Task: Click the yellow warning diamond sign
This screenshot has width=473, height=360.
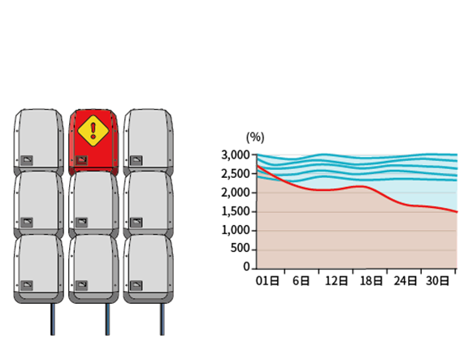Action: click(93, 131)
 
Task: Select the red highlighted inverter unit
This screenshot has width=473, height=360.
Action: click(93, 142)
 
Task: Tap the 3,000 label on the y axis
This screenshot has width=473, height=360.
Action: click(236, 155)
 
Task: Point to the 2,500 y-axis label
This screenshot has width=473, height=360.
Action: click(236, 174)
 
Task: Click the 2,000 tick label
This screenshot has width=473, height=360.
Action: click(236, 193)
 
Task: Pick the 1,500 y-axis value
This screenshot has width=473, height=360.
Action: click(236, 211)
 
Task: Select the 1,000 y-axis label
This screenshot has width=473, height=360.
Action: click(236, 230)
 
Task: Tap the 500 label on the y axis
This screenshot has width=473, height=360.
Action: click(241, 248)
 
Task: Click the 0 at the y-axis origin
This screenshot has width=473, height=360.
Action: click(247, 267)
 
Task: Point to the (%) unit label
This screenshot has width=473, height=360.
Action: click(255, 137)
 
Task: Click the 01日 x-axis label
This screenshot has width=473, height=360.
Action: click(267, 281)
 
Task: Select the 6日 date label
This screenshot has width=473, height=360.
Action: click(301, 281)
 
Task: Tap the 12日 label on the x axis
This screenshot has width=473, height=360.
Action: click(336, 281)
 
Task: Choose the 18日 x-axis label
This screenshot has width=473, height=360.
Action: click(371, 281)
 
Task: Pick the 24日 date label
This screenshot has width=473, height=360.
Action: click(405, 281)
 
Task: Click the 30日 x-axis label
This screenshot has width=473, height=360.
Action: click(437, 281)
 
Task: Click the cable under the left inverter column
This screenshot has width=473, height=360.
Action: click(53, 319)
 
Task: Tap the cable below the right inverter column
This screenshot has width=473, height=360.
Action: click(163, 319)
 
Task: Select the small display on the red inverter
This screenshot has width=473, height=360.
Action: click(81, 160)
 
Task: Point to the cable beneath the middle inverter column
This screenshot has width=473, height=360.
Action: click(107, 319)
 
